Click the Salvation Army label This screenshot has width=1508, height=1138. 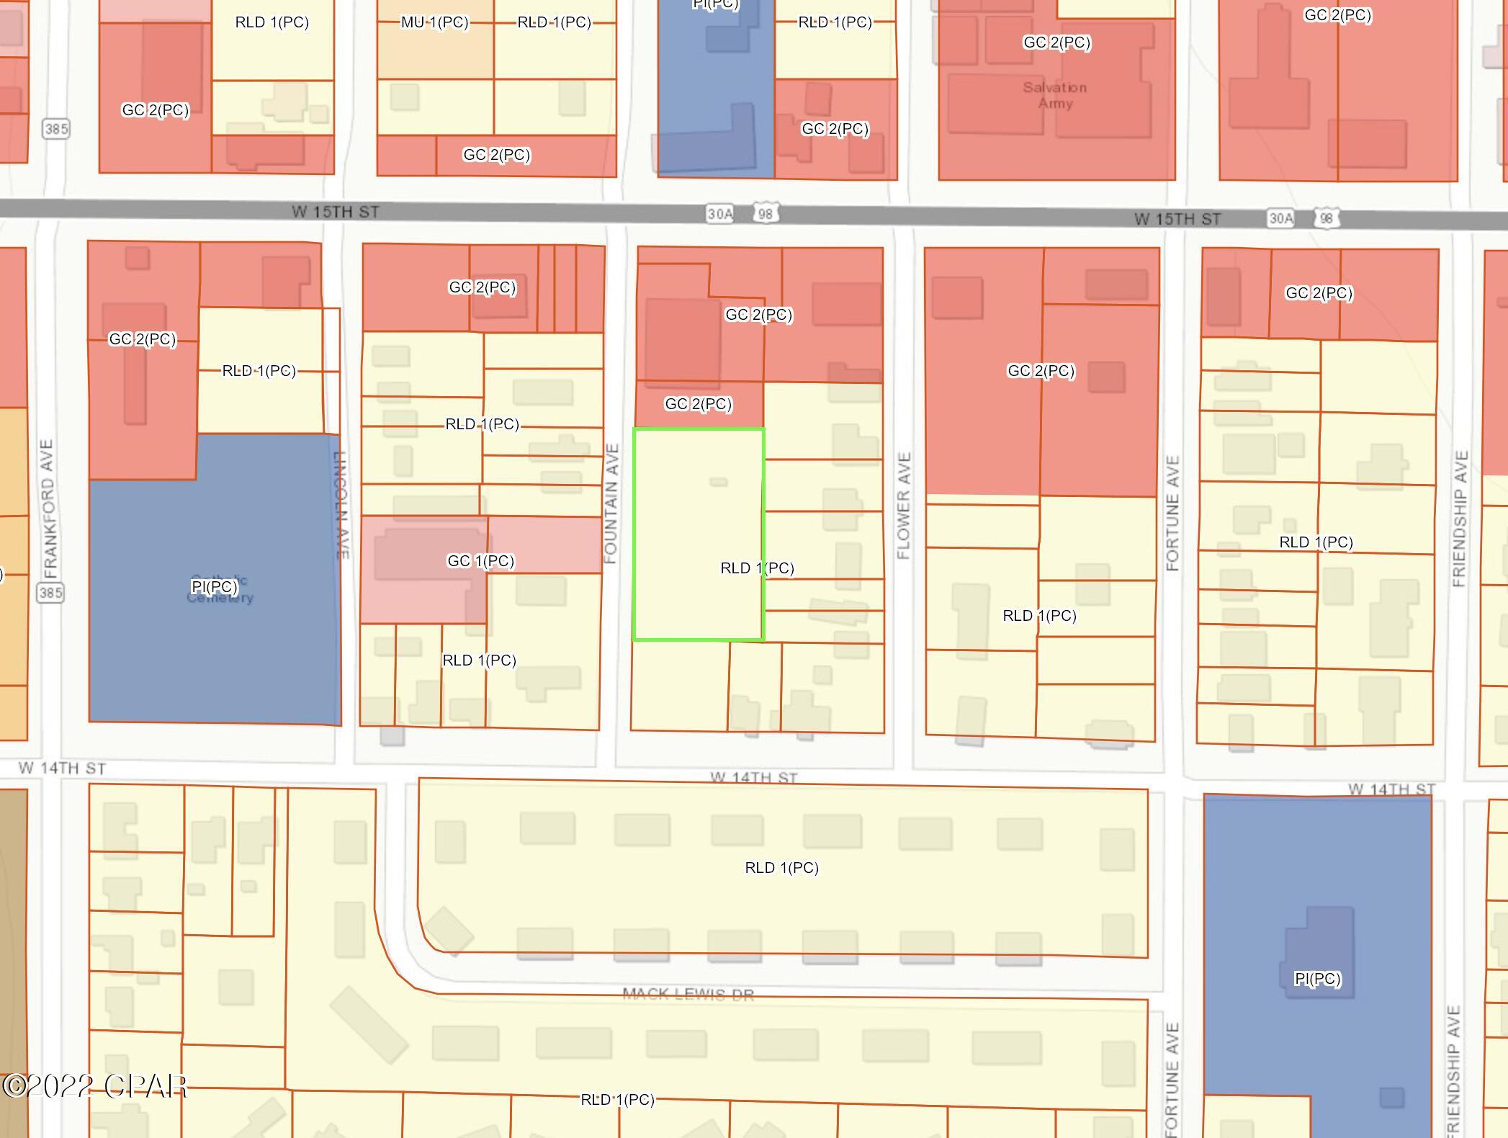[x=1055, y=95]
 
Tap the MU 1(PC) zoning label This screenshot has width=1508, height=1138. [x=434, y=22]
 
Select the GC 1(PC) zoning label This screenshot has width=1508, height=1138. [x=480, y=560]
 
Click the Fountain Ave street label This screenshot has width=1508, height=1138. [x=611, y=503]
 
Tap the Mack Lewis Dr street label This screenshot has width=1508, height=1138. [x=688, y=994]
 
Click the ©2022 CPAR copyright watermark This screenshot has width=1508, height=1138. [x=94, y=1086]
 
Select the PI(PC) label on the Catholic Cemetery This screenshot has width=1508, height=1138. [x=214, y=586]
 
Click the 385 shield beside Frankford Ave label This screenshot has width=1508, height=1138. [x=50, y=593]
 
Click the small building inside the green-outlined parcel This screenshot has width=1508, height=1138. [x=718, y=482]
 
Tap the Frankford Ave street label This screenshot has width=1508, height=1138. [x=49, y=508]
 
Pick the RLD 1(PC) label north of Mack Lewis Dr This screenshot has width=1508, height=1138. [x=781, y=867]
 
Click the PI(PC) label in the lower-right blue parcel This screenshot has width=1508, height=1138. [x=1317, y=978]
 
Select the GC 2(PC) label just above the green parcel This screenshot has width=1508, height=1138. [x=698, y=404]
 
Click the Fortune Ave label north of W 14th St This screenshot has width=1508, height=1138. [x=1172, y=512]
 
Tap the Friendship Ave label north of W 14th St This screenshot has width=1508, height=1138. [x=1459, y=519]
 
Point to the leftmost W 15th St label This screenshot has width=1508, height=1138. [x=335, y=212]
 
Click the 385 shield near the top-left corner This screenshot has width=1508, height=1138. [x=56, y=129]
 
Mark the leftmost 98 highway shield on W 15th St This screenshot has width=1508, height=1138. [x=765, y=214]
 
